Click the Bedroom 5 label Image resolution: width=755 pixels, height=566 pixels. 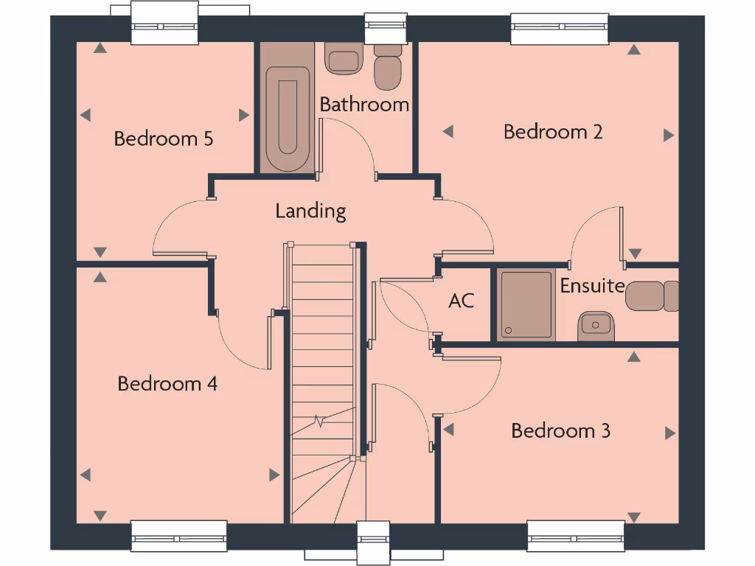coord(164,139)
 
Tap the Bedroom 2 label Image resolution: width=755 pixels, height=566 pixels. coord(553,132)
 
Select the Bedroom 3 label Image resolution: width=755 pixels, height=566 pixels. coord(560,430)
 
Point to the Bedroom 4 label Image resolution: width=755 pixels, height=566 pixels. coord(167,384)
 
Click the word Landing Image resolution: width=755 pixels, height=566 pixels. coord(310,212)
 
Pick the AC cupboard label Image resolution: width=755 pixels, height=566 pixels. coord(461,301)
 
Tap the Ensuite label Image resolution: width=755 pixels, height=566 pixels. coord(592,286)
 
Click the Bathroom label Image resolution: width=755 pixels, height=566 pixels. coord(364,105)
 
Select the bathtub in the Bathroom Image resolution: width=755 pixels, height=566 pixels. coord(287,117)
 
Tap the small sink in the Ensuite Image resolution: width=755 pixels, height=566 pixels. coord(595,324)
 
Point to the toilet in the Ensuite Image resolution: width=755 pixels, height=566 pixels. coord(652,296)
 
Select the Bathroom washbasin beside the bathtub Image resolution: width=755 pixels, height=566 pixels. coord(343,59)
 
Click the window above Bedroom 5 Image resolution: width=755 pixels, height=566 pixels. coord(164,24)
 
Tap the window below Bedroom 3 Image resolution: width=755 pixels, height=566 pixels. coord(576,536)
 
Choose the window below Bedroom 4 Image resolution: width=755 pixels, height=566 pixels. coord(179,536)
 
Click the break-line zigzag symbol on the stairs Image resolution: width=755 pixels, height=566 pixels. coord(319,422)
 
